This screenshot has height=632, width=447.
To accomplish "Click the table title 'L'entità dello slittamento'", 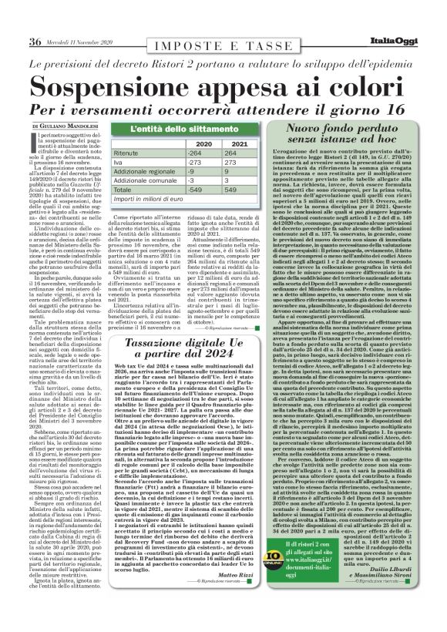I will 178,129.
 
